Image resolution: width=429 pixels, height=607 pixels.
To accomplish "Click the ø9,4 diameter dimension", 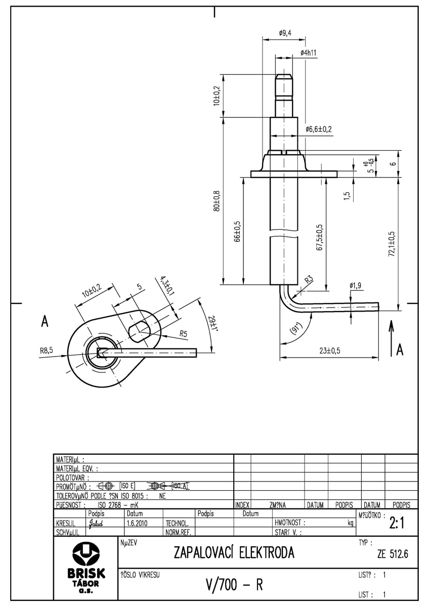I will pyautogui.click(x=285, y=33).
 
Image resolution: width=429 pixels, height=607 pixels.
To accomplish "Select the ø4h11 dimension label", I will pyautogui.click(x=308, y=53).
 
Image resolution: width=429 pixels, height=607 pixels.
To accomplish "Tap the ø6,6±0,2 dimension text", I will pyautogui.click(x=319, y=129).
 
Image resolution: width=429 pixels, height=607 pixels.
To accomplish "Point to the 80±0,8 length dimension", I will pyautogui.click(x=217, y=200).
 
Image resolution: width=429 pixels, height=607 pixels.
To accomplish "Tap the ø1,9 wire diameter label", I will pyautogui.click(x=356, y=286).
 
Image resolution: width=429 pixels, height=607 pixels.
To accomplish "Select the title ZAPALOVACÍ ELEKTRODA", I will pyautogui.click(x=234, y=552).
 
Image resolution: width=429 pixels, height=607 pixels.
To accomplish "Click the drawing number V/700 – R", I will pyautogui.click(x=234, y=585).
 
